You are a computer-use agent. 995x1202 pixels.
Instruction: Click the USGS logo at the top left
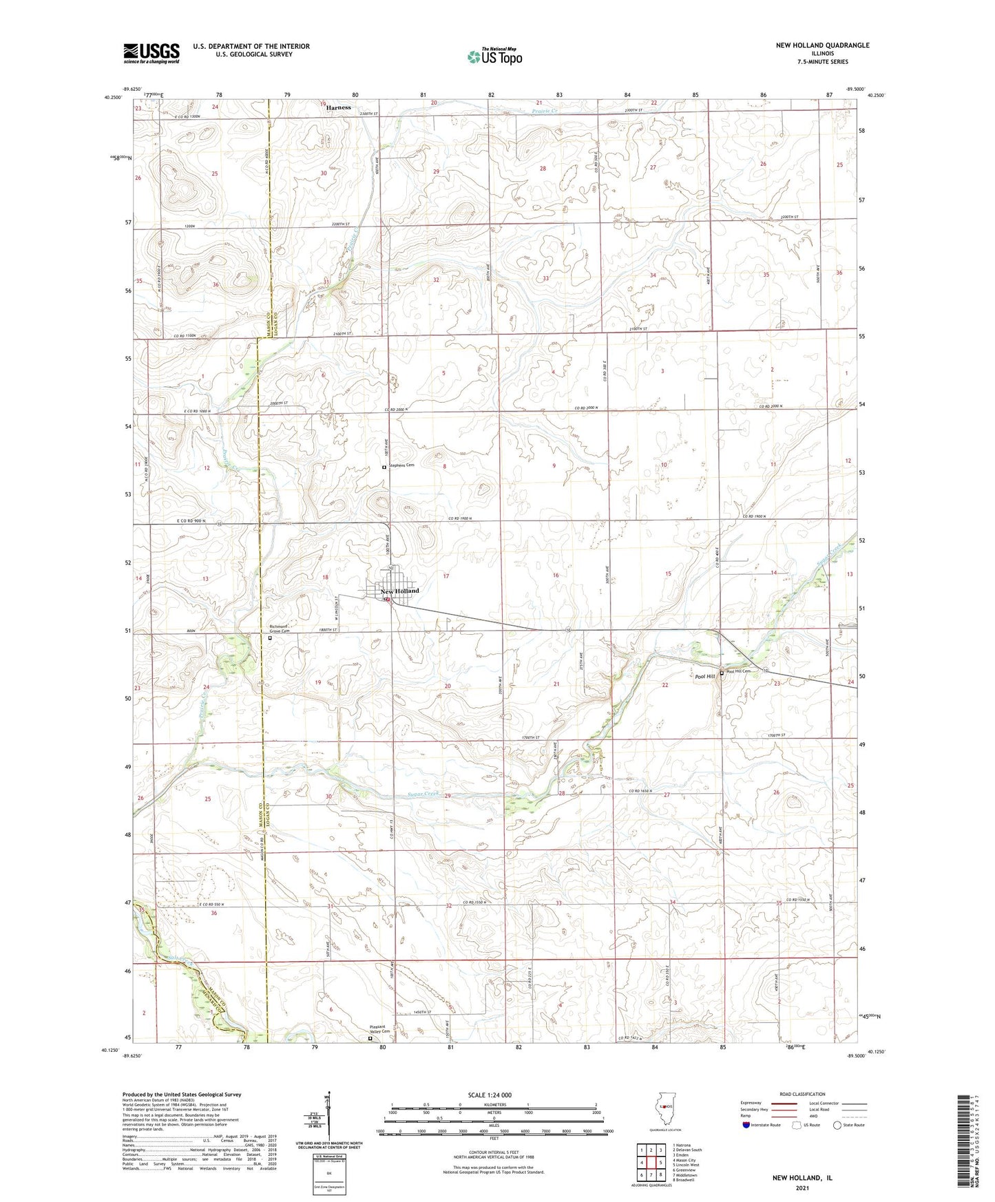click(x=151, y=53)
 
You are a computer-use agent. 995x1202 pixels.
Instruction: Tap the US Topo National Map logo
click(x=494, y=56)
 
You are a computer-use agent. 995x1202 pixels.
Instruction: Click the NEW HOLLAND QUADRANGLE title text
click(x=822, y=45)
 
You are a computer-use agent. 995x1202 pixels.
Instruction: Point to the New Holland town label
click(x=399, y=591)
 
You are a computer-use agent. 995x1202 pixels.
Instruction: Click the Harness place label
click(x=338, y=107)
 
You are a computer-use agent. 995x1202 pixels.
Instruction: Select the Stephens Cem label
click(x=402, y=466)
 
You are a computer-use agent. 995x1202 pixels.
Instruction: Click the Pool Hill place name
click(x=705, y=677)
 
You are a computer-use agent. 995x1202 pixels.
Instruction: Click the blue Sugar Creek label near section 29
click(x=421, y=794)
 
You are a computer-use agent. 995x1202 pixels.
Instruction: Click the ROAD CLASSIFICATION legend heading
click(x=803, y=1094)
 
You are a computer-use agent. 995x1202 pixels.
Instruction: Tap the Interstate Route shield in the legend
click(x=746, y=1125)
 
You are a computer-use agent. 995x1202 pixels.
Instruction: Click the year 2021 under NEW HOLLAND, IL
click(x=802, y=1188)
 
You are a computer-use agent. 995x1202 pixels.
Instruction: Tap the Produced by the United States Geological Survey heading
click(x=182, y=1094)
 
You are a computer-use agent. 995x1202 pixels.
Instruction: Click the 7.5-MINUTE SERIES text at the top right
click(x=822, y=62)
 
